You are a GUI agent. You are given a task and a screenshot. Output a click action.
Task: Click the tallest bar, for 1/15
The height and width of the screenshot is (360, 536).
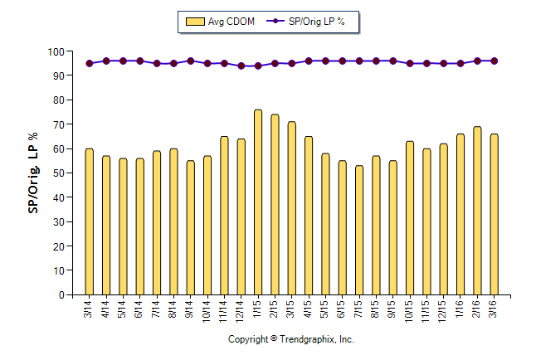point(258,202)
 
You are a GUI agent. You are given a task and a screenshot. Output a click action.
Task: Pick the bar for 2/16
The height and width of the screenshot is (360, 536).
point(477,211)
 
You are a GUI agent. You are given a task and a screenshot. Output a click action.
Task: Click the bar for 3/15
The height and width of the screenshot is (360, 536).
point(291,208)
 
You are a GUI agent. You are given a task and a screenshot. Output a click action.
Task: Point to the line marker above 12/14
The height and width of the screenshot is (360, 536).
point(241,66)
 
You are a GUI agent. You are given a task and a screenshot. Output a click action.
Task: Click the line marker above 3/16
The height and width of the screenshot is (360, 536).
point(495,61)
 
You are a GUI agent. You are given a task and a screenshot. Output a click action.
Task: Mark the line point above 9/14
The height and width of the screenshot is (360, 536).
point(190,61)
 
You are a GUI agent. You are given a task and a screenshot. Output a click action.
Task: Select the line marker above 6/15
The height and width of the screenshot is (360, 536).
point(342,61)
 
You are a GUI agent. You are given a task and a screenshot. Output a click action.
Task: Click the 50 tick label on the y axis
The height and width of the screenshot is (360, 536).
point(59,173)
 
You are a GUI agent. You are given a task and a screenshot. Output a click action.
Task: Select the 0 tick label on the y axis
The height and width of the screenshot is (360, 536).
point(61,295)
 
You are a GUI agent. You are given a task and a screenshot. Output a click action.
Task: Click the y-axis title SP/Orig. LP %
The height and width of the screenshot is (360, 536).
point(33,173)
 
